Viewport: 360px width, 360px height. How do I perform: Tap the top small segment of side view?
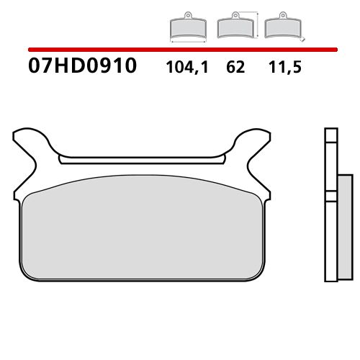pyautogui.click(x=330, y=138)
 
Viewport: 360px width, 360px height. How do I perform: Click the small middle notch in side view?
pyautogui.click(x=330, y=195)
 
